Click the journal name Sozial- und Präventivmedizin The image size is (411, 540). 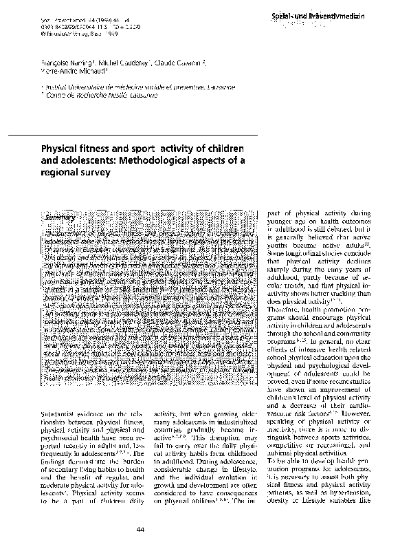[337, 14]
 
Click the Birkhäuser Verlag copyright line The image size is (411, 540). [68, 32]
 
